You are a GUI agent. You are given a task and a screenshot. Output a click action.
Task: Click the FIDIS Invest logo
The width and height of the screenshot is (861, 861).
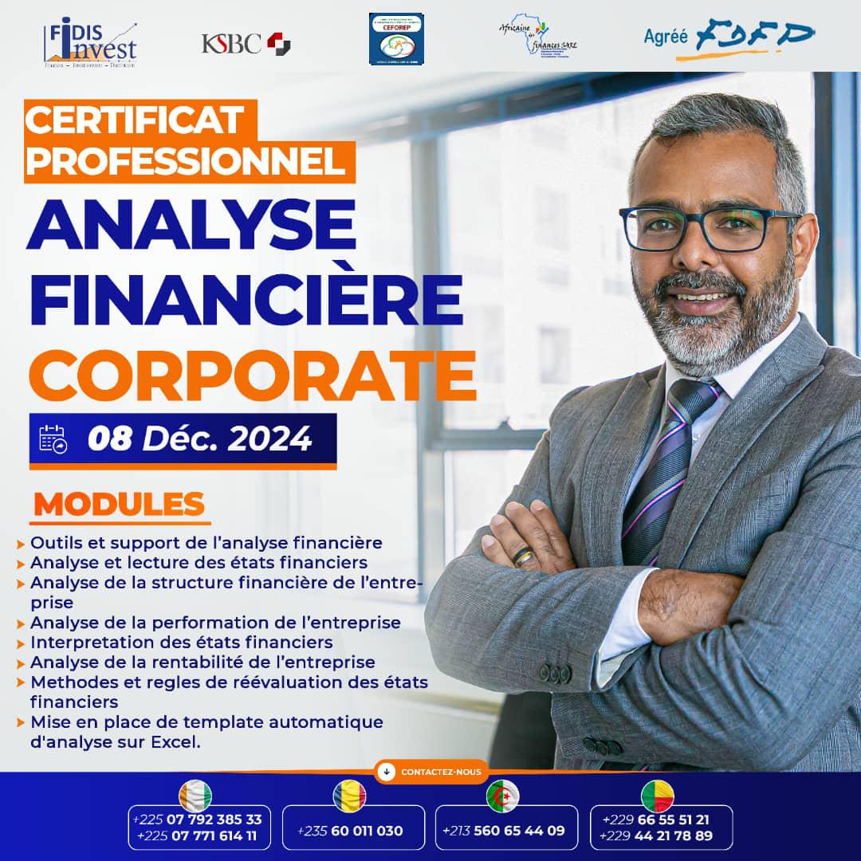pyautogui.click(x=91, y=44)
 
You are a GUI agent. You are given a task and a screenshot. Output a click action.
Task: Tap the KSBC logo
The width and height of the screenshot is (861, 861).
pyautogui.click(x=246, y=43)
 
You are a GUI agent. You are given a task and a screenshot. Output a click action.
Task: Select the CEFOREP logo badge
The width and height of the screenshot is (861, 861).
pyautogui.click(x=396, y=38)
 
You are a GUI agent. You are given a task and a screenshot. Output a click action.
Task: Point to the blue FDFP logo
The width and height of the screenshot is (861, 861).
pyautogui.click(x=754, y=37)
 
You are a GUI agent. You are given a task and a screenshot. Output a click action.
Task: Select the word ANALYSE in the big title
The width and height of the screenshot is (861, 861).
pyautogui.click(x=191, y=225)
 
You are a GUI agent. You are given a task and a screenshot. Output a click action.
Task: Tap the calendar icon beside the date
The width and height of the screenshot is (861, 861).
pyautogui.click(x=53, y=439)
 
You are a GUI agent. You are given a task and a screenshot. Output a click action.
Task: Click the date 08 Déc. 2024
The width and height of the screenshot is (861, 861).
pyautogui.click(x=200, y=439)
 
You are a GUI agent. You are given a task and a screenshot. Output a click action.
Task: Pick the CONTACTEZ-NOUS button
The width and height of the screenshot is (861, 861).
pyautogui.click(x=431, y=772)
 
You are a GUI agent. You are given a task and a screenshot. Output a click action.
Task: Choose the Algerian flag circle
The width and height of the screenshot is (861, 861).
pyautogui.click(x=503, y=796)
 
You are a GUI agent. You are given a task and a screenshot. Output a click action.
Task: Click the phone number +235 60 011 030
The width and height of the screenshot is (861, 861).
pyautogui.click(x=350, y=831)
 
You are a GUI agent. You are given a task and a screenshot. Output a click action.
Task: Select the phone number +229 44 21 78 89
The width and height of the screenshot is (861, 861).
pyautogui.click(x=658, y=835)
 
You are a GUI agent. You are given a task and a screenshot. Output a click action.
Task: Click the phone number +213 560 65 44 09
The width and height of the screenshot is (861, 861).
pyautogui.click(x=503, y=831)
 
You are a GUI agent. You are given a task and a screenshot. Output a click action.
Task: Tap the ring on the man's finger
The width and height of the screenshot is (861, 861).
pyautogui.click(x=524, y=556)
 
